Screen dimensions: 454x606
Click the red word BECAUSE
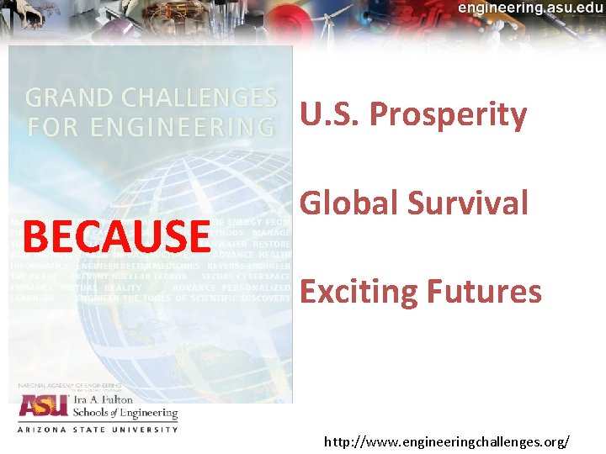pyautogui.click(x=116, y=236)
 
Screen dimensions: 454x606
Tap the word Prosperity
pyautogui.click(x=448, y=115)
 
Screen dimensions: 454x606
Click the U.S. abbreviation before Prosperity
pyautogui.click(x=331, y=115)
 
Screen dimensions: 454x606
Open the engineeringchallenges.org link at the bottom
pyautogui.click(x=447, y=441)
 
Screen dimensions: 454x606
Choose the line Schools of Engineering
pyautogui.click(x=125, y=414)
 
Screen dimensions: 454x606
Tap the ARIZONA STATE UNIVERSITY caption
pyautogui.click(x=98, y=430)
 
